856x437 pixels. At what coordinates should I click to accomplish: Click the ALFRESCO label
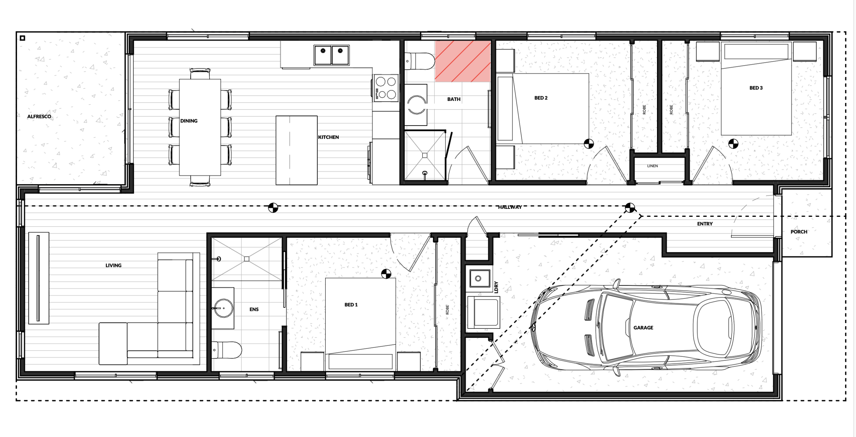click(x=39, y=117)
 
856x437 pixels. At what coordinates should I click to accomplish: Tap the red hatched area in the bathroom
click(x=463, y=61)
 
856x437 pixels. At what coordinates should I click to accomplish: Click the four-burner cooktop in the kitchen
click(x=386, y=88)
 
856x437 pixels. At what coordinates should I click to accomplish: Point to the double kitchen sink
click(x=331, y=55)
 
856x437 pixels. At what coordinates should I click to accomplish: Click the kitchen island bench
click(x=296, y=150)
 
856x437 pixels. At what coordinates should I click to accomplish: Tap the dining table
click(x=200, y=127)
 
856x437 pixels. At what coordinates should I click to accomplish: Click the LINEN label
click(x=652, y=166)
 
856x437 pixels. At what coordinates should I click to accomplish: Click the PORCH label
click(x=799, y=232)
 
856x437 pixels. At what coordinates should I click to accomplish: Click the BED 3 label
click(x=756, y=88)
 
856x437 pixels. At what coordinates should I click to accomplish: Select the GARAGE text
click(x=643, y=328)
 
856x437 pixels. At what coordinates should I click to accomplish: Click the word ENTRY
click(x=705, y=224)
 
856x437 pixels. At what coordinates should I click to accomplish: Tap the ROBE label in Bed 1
click(x=447, y=310)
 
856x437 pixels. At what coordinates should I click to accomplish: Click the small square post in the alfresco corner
click(x=22, y=38)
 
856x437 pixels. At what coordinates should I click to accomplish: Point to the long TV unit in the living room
click(x=39, y=278)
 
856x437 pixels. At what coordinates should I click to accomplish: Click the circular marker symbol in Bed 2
click(x=589, y=144)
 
